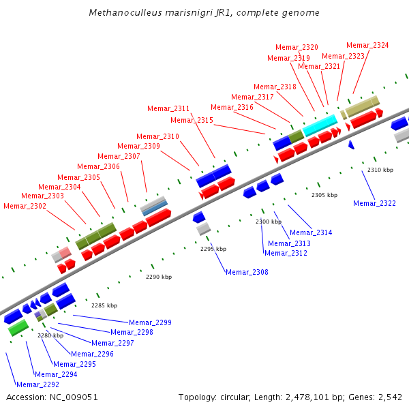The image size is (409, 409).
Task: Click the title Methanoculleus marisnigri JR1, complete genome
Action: point(204,13)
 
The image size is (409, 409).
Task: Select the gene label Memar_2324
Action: point(367,45)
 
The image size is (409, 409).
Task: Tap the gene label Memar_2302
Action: point(25,206)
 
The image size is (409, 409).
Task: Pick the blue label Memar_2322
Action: point(374,203)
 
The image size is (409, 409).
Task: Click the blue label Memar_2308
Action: point(247,272)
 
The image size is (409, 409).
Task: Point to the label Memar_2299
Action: point(150,322)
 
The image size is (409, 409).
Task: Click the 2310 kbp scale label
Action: point(380,170)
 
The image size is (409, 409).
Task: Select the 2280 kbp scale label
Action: point(50,335)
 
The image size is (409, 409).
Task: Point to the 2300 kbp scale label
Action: point(269,222)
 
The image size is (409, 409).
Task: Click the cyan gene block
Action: point(320,125)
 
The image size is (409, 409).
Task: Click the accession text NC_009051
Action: point(52,397)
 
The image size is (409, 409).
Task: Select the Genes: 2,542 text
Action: point(379,397)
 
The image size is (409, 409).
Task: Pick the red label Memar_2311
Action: point(168,108)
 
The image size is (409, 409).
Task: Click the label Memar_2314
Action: point(311,232)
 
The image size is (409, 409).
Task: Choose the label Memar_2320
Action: point(297,47)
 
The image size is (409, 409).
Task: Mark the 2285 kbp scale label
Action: point(104,305)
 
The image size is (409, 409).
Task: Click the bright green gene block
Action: point(18,327)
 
